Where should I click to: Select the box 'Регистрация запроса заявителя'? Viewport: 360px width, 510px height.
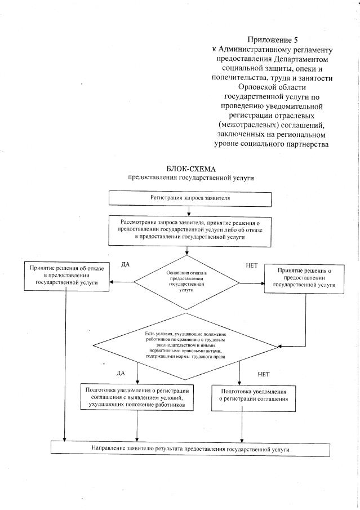(190, 198)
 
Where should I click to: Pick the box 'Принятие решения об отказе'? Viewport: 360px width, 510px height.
(66, 276)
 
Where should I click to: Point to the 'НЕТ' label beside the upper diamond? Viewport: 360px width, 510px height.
(252, 264)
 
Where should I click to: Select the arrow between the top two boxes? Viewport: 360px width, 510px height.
(189, 210)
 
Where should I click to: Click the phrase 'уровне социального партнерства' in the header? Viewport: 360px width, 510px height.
(272, 145)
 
